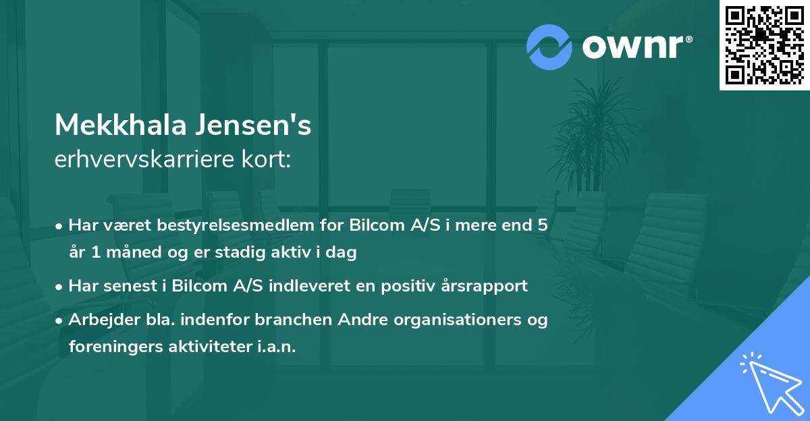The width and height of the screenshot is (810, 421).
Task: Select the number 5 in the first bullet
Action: point(542,225)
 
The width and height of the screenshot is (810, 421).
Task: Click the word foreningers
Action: point(108,347)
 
